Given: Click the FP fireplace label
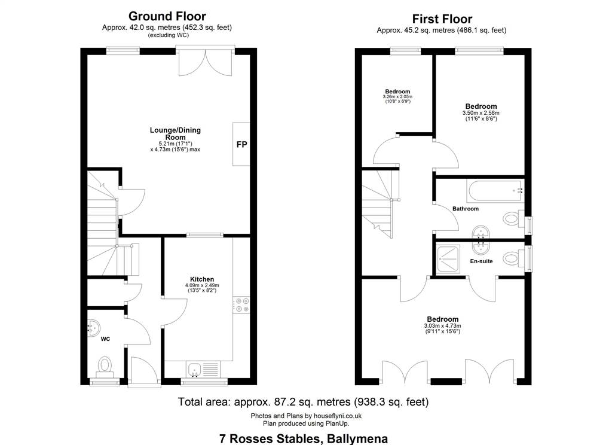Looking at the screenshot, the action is pyautogui.click(x=241, y=145).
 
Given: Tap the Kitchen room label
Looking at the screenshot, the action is pyautogui.click(x=202, y=279).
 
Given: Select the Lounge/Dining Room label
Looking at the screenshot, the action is pyautogui.click(x=175, y=133).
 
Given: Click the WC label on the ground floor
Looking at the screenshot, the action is pyautogui.click(x=105, y=339).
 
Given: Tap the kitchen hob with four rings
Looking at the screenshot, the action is pyautogui.click(x=241, y=305).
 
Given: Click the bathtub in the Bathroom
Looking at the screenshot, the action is pyautogui.click(x=495, y=191).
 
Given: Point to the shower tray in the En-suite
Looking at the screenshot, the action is pyautogui.click(x=448, y=259).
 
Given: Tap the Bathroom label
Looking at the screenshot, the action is pyautogui.click(x=465, y=209).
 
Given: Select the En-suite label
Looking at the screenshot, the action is pyautogui.click(x=481, y=261).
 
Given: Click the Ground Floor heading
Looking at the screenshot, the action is pyautogui.click(x=167, y=16).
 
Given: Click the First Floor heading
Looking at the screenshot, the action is pyautogui.click(x=442, y=19).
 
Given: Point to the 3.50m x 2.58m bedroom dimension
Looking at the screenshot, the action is pyautogui.click(x=481, y=113).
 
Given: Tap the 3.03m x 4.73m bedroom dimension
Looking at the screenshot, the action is pyautogui.click(x=442, y=326).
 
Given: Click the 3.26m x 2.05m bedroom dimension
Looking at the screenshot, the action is pyautogui.click(x=397, y=96).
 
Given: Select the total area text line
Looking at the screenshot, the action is pyautogui.click(x=303, y=402).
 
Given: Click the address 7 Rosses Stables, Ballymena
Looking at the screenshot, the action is pyautogui.click(x=304, y=439).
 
